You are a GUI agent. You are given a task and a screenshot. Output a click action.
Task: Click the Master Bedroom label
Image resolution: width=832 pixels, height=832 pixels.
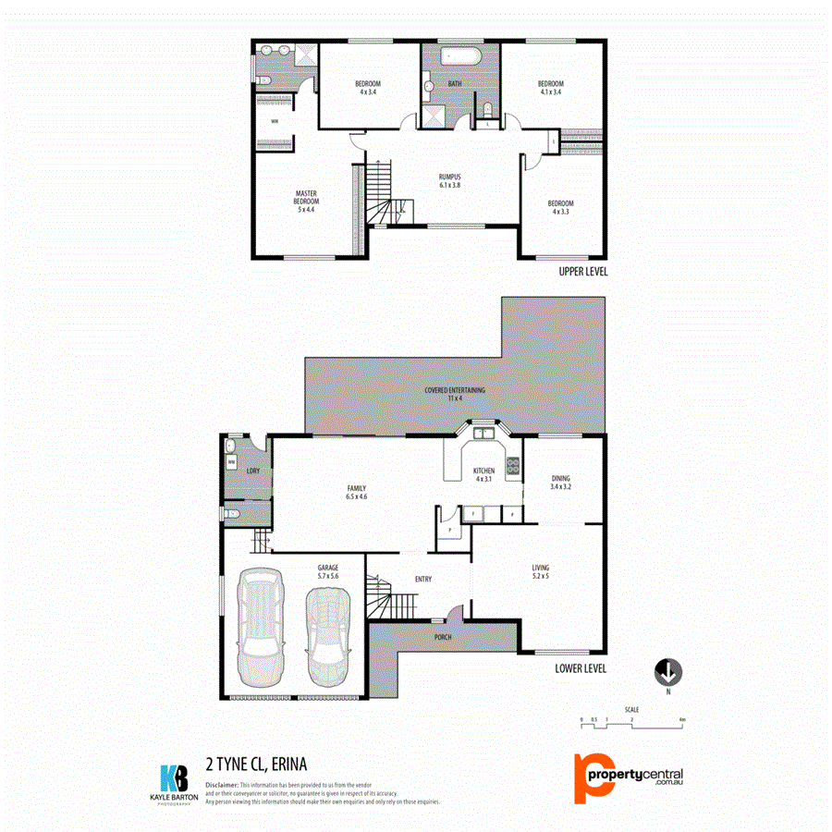pos(306,202)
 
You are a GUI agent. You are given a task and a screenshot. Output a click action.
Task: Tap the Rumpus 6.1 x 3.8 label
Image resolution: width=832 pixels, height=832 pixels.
pos(449,180)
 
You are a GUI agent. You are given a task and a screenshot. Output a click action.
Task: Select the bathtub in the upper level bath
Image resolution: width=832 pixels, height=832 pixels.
pos(459,56)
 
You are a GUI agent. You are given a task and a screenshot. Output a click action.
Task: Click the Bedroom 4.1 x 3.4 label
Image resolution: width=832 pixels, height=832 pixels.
pos(550,88)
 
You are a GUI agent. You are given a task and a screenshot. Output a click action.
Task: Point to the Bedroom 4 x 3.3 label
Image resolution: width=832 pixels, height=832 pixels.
pos(560,208)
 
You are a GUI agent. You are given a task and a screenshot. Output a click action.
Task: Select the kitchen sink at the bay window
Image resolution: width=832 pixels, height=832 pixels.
pos(482,433)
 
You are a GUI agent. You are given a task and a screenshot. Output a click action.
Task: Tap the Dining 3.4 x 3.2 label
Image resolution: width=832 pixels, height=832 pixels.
pos(560,482)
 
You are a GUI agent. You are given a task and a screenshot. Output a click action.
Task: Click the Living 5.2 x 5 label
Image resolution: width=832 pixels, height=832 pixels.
pos(541,572)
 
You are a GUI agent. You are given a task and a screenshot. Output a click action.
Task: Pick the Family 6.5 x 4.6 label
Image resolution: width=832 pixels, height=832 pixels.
pos(357,493)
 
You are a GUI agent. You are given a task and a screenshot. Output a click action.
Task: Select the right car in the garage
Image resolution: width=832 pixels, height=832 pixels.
pos(329,632)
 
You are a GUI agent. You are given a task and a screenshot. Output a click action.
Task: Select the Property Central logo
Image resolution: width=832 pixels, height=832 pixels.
pos(628,777)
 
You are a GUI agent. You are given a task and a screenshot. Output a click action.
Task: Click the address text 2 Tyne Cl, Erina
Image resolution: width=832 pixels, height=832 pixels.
pos(256,764)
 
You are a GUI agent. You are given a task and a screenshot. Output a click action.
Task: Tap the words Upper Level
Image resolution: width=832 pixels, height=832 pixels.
pos(582,273)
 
